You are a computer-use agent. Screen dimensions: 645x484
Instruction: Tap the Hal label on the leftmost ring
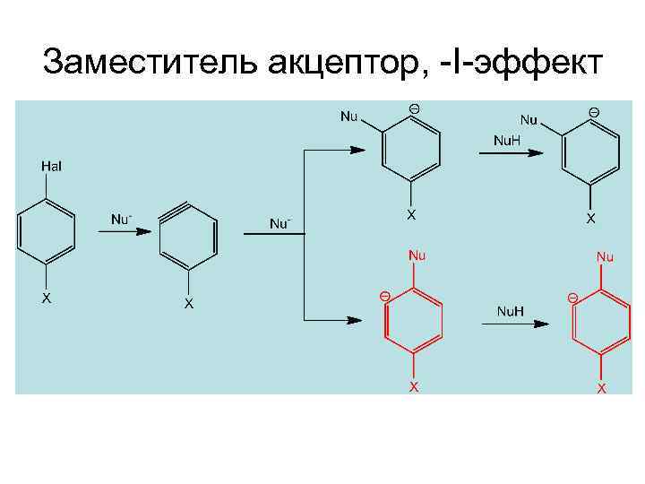point(51,167)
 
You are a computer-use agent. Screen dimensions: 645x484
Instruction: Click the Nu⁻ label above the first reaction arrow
point(121,219)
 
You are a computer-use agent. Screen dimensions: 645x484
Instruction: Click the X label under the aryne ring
point(188,304)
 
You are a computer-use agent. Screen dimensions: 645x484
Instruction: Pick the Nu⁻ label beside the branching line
point(280,223)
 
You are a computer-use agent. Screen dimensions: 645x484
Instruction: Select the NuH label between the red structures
point(510,311)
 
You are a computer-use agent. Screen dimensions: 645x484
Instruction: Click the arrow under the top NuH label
point(511,153)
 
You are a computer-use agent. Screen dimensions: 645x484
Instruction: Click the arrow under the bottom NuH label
point(514,324)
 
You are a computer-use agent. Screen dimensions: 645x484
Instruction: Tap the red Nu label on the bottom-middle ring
point(417,255)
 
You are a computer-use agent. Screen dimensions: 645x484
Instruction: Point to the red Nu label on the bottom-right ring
point(606,257)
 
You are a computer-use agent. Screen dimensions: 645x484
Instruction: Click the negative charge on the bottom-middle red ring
point(383,296)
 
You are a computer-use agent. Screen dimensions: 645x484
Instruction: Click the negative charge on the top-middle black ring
point(414,109)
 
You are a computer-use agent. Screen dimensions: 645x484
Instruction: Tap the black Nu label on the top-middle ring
point(348,117)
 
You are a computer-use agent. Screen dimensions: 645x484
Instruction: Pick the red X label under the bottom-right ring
point(602,388)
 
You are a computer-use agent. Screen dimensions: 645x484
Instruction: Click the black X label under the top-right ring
point(591,218)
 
